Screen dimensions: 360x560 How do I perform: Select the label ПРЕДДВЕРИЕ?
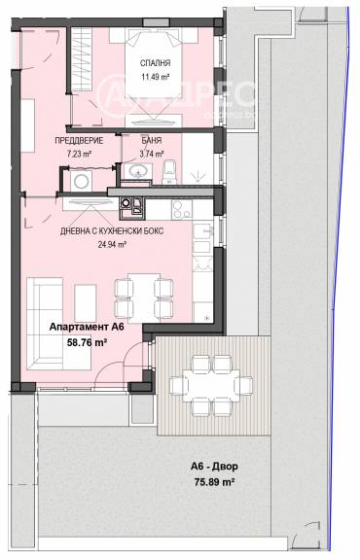coord(79,140)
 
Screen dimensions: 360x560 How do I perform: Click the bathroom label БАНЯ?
coord(152,140)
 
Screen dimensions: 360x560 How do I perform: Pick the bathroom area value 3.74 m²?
coord(152,154)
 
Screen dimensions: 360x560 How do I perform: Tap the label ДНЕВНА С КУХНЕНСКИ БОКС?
coord(112,231)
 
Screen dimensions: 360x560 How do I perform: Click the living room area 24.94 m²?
coord(112,245)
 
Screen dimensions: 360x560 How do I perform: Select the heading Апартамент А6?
coord(87,327)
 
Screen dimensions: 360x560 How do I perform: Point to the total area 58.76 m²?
coord(88,343)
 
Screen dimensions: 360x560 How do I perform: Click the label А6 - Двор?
coord(214,467)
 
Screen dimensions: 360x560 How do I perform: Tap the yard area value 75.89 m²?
coord(214,482)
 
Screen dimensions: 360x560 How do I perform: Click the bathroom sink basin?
coord(138,171)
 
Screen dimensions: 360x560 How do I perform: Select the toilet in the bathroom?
coord(169,172)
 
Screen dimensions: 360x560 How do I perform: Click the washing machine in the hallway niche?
coord(81,181)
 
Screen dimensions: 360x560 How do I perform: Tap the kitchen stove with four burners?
coord(182,209)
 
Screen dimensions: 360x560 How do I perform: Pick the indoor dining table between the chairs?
coord(144,297)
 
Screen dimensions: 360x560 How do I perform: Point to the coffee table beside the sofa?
coord(85,303)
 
